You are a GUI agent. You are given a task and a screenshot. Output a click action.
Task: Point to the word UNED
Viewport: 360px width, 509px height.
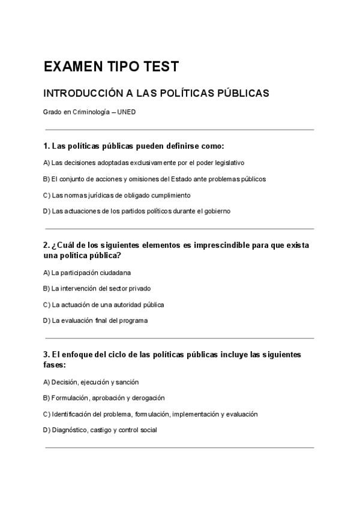tap(127, 112)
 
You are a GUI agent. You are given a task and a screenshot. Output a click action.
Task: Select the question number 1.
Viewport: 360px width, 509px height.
tap(46, 146)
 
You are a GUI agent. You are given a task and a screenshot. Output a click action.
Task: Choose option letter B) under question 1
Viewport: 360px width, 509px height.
tap(46, 179)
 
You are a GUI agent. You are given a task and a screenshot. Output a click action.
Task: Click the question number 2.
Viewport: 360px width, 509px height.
tap(46, 245)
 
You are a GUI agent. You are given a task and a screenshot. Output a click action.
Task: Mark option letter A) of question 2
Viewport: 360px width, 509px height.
tap(46, 273)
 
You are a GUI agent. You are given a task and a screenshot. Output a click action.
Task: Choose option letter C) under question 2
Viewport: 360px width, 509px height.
tap(46, 305)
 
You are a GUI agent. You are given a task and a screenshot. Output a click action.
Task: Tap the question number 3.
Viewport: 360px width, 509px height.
tap(46, 355)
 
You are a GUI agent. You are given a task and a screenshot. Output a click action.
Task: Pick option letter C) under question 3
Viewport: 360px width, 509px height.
tap(46, 414)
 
